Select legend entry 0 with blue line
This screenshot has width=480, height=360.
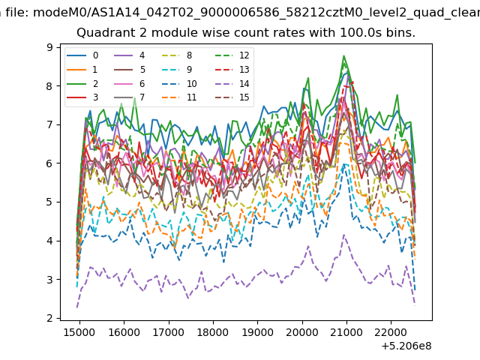[x=82, y=55]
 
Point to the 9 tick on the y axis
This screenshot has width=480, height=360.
[x=49, y=47]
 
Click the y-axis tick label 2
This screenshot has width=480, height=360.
[x=49, y=318]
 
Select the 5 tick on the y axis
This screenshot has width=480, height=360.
[x=49, y=202]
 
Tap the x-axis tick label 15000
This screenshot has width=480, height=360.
[x=79, y=332]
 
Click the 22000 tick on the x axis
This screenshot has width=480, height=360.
[x=391, y=332]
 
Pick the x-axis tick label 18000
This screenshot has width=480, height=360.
[x=213, y=332]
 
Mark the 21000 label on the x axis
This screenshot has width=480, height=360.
[x=346, y=332]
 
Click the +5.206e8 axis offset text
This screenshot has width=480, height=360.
[x=406, y=346]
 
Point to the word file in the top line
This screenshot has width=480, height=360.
[x=18, y=13]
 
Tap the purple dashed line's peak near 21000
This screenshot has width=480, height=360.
[x=344, y=235]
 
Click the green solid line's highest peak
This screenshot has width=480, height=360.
[x=343, y=55]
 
